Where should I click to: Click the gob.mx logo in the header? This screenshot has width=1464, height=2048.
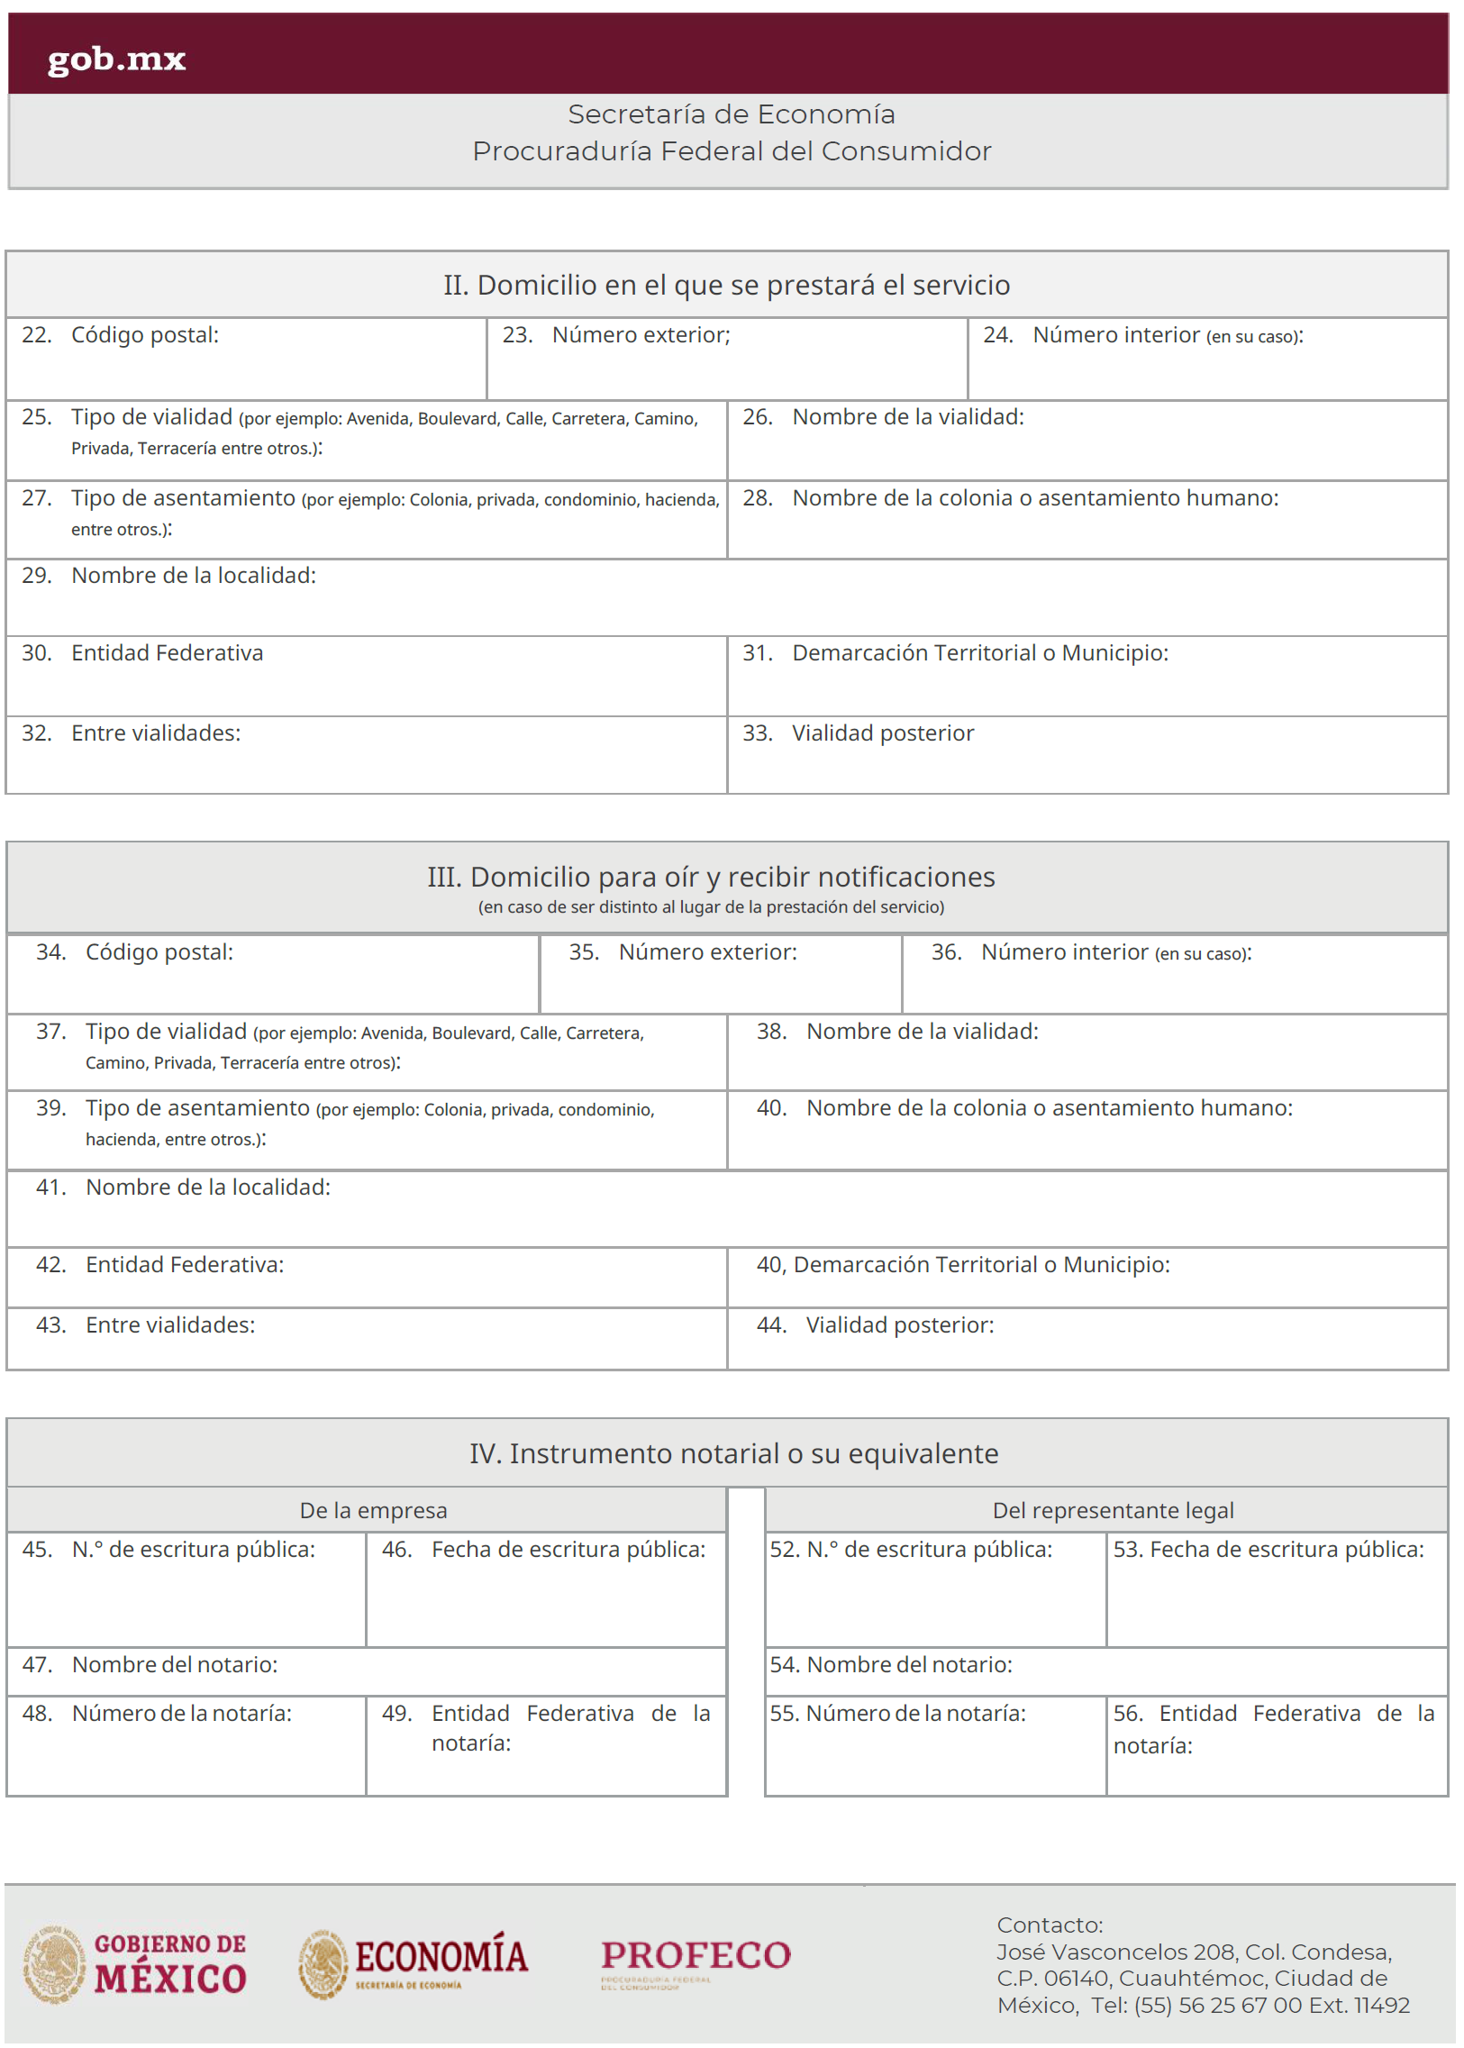(116, 59)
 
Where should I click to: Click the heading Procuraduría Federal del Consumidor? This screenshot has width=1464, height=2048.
(731, 150)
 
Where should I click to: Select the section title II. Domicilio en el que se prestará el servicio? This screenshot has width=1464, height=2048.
(725, 285)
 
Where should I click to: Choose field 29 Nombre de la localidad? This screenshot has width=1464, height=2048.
(725, 598)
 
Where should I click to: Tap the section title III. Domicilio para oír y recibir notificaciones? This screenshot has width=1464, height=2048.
(710, 877)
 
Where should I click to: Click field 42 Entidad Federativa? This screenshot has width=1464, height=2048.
(366, 1278)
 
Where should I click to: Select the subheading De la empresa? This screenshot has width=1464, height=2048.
(373, 1510)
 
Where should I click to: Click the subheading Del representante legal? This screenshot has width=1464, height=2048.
(1113, 1510)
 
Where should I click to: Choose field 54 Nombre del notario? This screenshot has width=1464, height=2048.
(1105, 1672)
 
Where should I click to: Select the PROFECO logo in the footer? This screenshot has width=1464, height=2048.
(695, 1958)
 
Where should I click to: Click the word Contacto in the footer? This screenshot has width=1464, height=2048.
(1049, 1925)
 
